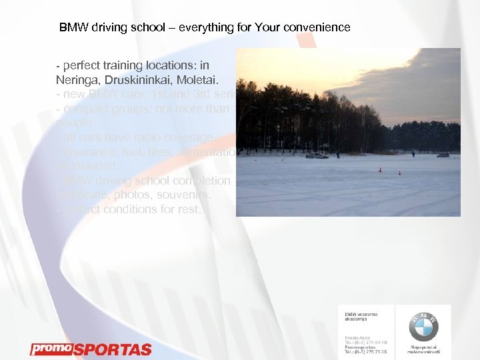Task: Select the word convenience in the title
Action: click(x=316, y=28)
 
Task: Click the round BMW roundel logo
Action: click(x=423, y=327)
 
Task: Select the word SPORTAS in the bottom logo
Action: click(x=111, y=349)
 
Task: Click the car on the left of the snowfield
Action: click(x=317, y=155)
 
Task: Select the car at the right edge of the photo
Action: click(x=443, y=155)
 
